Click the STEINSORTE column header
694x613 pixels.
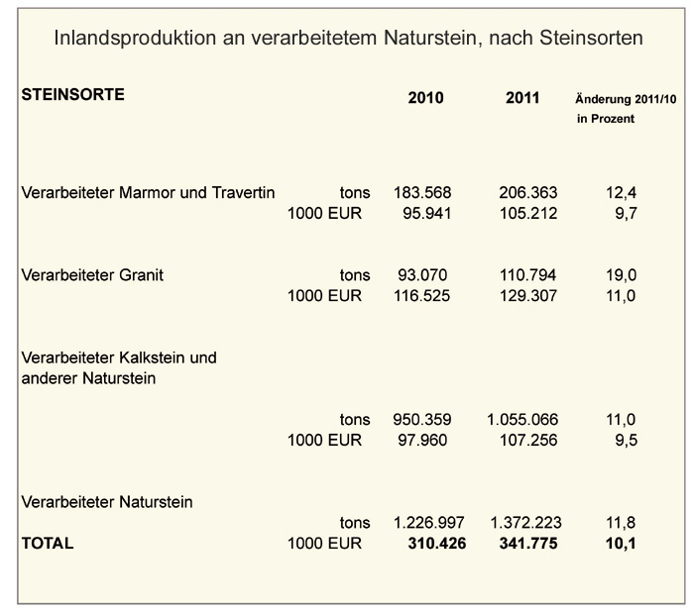pos(73,95)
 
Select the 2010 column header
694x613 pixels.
pos(425,98)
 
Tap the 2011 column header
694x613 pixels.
pos(522,98)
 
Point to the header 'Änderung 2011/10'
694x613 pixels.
pos(626,99)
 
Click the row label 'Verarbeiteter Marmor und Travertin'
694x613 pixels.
pos(148,193)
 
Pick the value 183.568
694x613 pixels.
pos(422,193)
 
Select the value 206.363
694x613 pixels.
pos(528,193)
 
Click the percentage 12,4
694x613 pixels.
pos(622,193)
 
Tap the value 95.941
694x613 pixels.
pos(427,214)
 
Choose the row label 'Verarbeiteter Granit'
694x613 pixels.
pos(92,275)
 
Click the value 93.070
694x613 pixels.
pos(422,275)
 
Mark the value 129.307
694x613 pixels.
pos(528,296)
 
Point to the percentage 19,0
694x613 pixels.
pos(622,275)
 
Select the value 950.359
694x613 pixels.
pos(422,420)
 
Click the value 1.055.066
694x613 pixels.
pos(522,420)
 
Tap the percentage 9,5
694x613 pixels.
pos(627,441)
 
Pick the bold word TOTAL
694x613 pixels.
pos(48,543)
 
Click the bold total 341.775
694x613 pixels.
pos(528,543)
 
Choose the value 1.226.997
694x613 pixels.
pos(429,523)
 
